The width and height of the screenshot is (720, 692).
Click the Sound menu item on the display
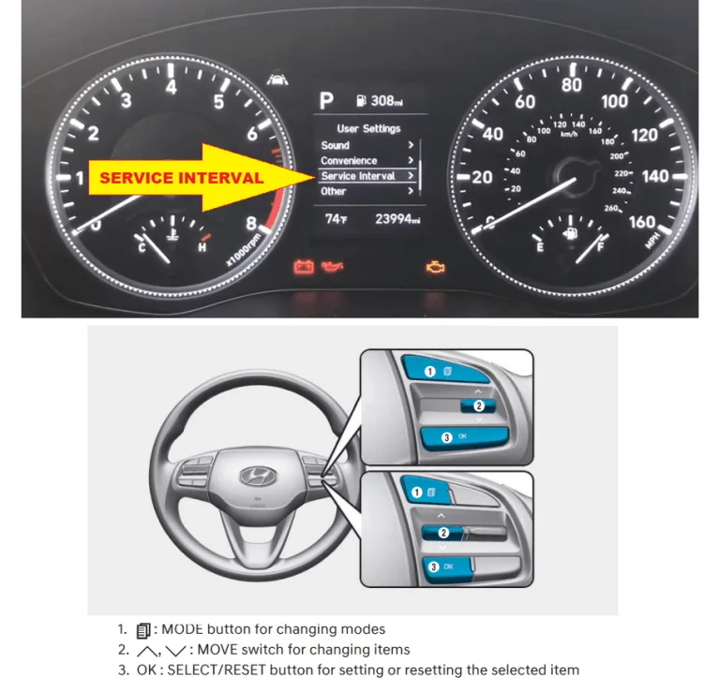[336, 145]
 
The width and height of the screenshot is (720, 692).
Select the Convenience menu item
[349, 160]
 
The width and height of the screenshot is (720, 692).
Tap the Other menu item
[334, 191]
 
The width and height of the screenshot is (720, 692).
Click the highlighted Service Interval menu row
[367, 176]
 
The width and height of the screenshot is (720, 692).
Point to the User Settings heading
[368, 129]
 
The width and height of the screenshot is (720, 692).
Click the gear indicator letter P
[326, 100]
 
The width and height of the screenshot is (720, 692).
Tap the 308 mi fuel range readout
[381, 101]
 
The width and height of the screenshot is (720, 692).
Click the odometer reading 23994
[397, 219]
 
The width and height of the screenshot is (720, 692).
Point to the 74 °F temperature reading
[337, 219]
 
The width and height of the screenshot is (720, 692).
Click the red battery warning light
[304, 267]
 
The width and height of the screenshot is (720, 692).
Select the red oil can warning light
[332, 266]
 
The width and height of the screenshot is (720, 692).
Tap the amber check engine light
[435, 268]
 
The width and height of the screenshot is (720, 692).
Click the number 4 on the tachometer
[172, 87]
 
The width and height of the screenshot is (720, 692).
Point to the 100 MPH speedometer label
[614, 101]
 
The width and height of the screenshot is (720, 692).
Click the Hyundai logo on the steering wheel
[258, 476]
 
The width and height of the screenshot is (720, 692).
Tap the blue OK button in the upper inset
[464, 437]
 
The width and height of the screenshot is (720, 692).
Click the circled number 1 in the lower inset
[416, 493]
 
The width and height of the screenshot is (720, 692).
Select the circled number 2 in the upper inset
[479, 405]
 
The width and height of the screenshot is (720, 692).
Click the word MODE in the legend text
[182, 629]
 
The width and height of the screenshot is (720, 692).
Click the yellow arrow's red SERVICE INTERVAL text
[182, 178]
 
